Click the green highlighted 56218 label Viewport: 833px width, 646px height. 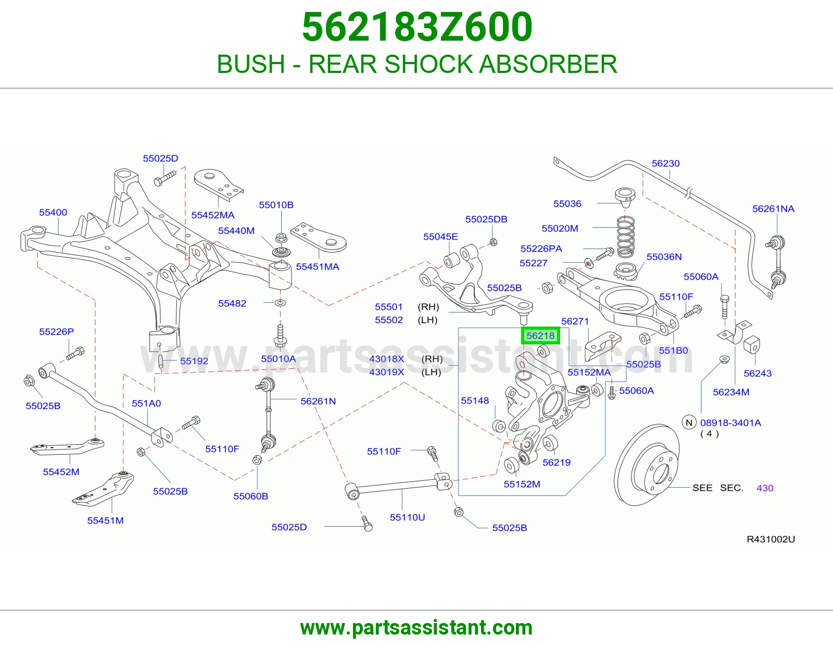click(540, 336)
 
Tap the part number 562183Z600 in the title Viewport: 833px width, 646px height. click(417, 27)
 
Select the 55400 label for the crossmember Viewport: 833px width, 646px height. click(53, 212)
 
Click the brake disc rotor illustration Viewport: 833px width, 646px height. click(646, 465)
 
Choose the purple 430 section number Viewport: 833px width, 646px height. click(765, 488)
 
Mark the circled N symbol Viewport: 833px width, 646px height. click(689, 423)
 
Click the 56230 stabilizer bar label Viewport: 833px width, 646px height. click(665, 164)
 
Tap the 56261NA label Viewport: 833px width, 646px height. click(773, 209)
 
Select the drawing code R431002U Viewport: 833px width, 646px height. click(771, 539)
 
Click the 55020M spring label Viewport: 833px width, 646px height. click(560, 228)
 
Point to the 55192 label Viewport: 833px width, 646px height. click(194, 361)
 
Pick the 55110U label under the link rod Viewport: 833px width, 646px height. click(407, 517)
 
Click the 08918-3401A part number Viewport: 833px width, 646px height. click(730, 423)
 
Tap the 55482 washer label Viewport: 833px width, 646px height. click(232, 303)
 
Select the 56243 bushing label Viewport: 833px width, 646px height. click(758, 373)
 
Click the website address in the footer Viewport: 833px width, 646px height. click(416, 628)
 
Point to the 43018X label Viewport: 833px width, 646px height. click(386, 359)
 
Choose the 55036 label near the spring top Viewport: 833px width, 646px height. click(567, 204)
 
